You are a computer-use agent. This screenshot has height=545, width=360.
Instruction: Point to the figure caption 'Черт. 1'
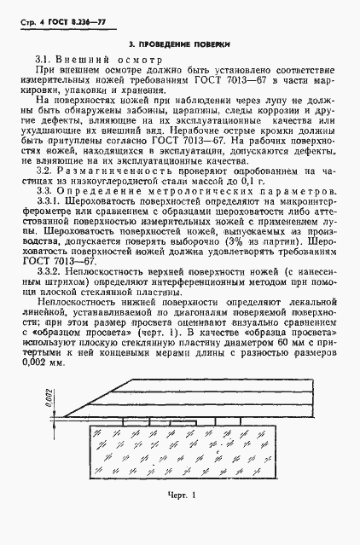tap(183, 519)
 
